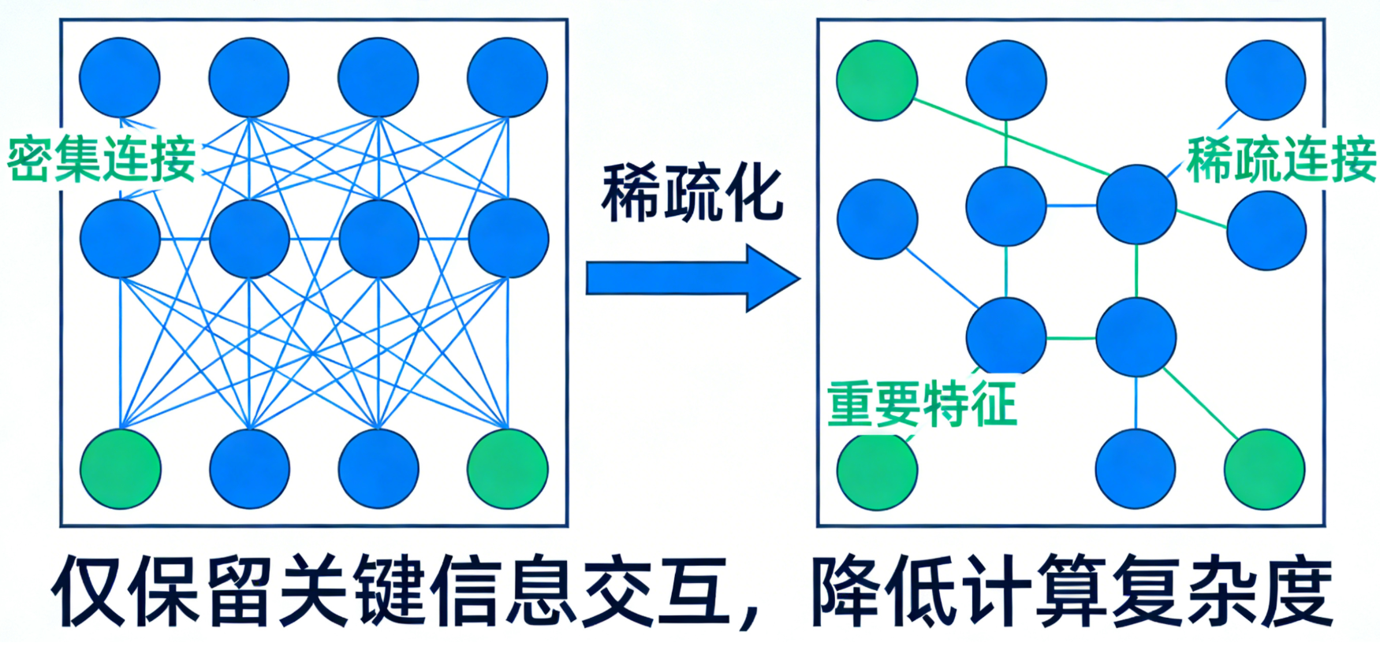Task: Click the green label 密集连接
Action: pyautogui.click(x=101, y=159)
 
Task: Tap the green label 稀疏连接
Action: pyautogui.click(x=1281, y=159)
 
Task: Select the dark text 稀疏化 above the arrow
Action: pyautogui.click(x=692, y=193)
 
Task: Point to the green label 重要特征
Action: pyautogui.click(x=921, y=403)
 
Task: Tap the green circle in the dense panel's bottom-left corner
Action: pyautogui.click(x=120, y=469)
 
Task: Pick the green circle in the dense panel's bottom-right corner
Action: pyautogui.click(x=507, y=469)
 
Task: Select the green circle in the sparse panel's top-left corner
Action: pyautogui.click(x=876, y=80)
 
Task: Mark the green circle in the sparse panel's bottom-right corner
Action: pyautogui.click(x=1264, y=469)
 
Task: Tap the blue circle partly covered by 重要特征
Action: pyautogui.click(x=1005, y=336)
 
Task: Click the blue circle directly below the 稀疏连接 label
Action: pyautogui.click(x=1266, y=230)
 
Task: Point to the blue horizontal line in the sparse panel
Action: pyautogui.click(x=1071, y=206)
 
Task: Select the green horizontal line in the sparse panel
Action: pyautogui.click(x=1071, y=338)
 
